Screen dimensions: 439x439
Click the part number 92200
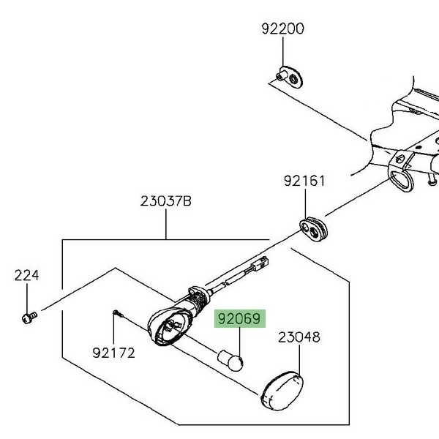pos(282,29)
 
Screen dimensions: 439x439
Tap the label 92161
pos(304,181)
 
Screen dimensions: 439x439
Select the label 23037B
pos(166,201)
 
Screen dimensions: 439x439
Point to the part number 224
pos(26,275)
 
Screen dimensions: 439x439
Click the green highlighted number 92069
pos(239,318)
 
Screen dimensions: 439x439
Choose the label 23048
pos(299,337)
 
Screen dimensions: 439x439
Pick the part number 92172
pos(113,353)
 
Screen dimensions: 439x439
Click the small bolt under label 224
pos(29,318)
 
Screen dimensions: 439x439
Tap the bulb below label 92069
pos(230,360)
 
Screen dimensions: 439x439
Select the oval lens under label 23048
pos(282,391)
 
